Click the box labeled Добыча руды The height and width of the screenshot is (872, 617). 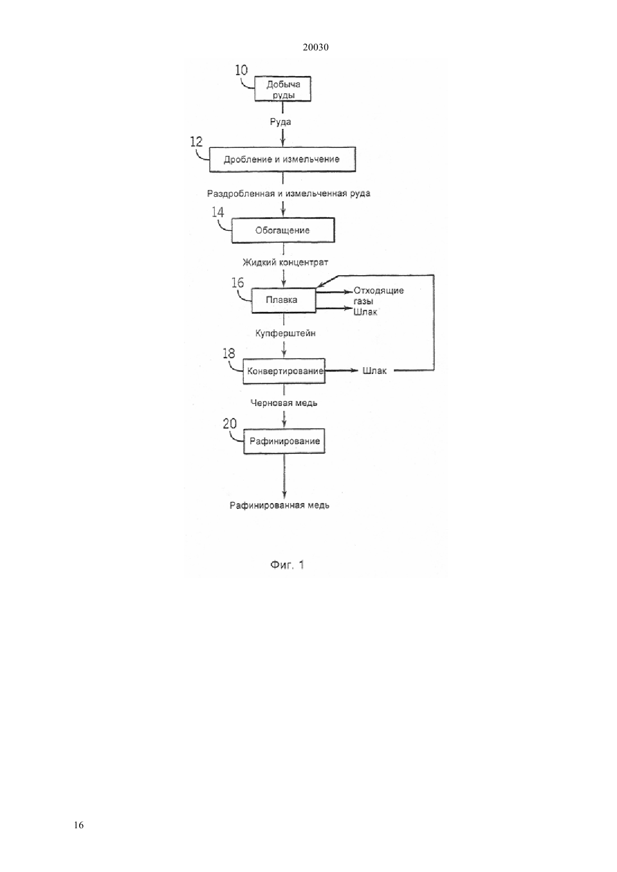[283, 89]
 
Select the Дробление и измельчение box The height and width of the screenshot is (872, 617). [282, 159]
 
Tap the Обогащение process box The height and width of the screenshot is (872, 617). [283, 230]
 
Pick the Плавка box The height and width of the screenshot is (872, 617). [284, 300]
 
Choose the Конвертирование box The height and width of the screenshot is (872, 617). [284, 371]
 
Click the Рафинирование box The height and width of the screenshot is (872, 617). [284, 441]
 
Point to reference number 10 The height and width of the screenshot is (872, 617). [241, 70]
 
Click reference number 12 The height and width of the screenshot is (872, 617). [196, 141]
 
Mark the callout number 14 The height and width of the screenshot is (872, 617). [218, 212]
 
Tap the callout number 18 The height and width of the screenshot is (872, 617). [229, 353]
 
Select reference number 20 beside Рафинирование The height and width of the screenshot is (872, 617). [229, 424]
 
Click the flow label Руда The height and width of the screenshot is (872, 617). [280, 122]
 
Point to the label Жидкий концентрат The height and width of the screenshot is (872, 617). [286, 262]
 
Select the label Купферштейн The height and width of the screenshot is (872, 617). [286, 333]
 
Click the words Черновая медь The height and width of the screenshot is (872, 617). [284, 403]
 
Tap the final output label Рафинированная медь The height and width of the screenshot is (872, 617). [279, 505]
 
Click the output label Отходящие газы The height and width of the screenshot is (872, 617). [378, 296]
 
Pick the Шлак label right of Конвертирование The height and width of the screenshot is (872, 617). [374, 370]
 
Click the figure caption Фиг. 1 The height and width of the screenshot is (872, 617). [287, 565]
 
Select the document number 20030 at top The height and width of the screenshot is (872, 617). [315, 47]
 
